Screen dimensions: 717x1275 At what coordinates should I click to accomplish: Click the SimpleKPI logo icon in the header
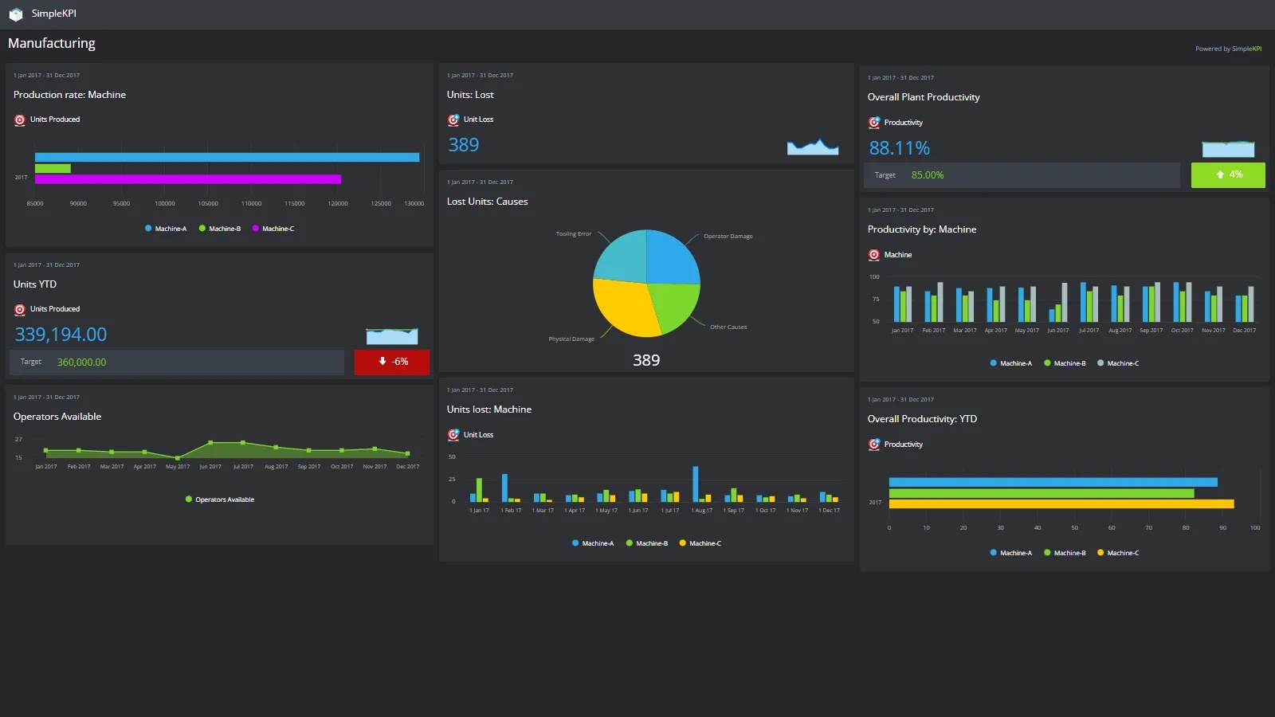pos(15,14)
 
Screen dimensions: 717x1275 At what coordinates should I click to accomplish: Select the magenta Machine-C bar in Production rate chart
pos(188,179)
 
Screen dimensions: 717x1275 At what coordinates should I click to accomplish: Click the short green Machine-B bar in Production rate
pos(53,168)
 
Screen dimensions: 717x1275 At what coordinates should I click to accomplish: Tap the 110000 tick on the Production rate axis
pos(251,204)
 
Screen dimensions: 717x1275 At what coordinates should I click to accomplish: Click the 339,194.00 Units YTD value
pos(61,335)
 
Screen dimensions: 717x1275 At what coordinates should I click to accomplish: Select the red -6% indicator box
pos(392,362)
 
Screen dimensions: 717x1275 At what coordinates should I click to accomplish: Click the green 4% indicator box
pos(1228,174)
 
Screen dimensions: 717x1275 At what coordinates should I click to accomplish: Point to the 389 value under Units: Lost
pos(463,145)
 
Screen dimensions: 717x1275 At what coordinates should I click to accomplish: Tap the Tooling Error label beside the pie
pos(574,234)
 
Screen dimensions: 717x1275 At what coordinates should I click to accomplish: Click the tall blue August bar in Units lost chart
pos(696,484)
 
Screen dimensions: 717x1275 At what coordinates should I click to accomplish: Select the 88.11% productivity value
pos(899,148)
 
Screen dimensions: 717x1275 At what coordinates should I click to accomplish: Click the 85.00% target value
pos(928,175)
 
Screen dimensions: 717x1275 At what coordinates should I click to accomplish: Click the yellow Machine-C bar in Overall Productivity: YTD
pos(1061,504)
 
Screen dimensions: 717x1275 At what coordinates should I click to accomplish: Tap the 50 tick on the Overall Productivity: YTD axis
pos(1074,528)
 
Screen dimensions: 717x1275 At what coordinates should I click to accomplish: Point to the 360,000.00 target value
pos(81,362)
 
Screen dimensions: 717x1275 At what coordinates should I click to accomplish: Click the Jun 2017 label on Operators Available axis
pos(210,467)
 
